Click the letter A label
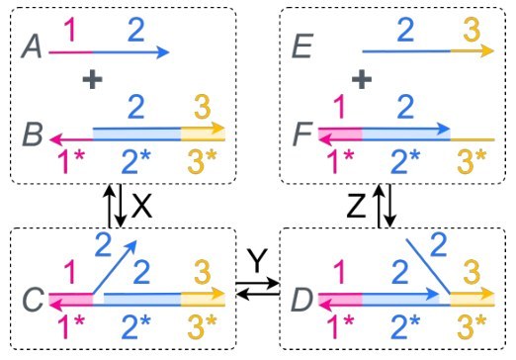(x=32, y=46)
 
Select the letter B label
(x=33, y=135)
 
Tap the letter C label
(x=33, y=299)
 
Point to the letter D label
(x=301, y=300)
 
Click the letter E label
(x=302, y=46)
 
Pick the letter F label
(x=302, y=135)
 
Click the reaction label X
(x=141, y=206)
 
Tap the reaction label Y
(x=257, y=261)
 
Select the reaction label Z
(x=356, y=206)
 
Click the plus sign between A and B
(x=92, y=79)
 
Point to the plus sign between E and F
(x=362, y=79)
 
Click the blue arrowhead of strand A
(x=162, y=52)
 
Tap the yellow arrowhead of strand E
(x=487, y=51)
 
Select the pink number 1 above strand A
(x=71, y=30)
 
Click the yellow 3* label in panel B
(x=203, y=161)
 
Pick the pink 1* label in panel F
(x=340, y=161)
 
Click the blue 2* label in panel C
(x=135, y=326)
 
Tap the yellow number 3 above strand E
(x=472, y=30)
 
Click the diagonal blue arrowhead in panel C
(x=130, y=246)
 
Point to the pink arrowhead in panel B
(x=56, y=139)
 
